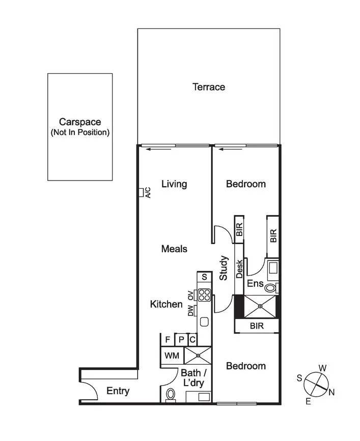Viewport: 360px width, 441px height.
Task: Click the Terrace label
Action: click(208, 87)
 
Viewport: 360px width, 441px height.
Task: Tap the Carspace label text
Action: click(80, 122)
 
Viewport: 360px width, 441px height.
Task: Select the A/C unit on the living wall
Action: click(141, 192)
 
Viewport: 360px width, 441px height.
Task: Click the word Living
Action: click(174, 184)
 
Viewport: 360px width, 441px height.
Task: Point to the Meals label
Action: click(174, 249)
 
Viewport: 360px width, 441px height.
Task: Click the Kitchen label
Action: click(166, 304)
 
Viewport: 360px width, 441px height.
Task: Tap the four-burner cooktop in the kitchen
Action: click(204, 295)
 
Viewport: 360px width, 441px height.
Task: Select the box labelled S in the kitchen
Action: click(204, 277)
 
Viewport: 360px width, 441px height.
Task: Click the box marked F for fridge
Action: click(167, 340)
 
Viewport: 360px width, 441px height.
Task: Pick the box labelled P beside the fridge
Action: click(181, 340)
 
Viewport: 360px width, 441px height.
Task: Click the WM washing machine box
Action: click(170, 356)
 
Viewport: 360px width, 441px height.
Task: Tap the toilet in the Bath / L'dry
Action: click(171, 394)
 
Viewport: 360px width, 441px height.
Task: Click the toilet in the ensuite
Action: click(270, 288)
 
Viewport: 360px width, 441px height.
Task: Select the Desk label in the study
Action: click(239, 269)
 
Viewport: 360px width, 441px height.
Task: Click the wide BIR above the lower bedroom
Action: click(257, 326)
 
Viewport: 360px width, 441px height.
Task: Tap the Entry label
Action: click(118, 391)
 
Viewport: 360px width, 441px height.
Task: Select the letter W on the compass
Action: click(322, 368)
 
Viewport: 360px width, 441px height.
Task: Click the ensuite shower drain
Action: click(260, 306)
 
